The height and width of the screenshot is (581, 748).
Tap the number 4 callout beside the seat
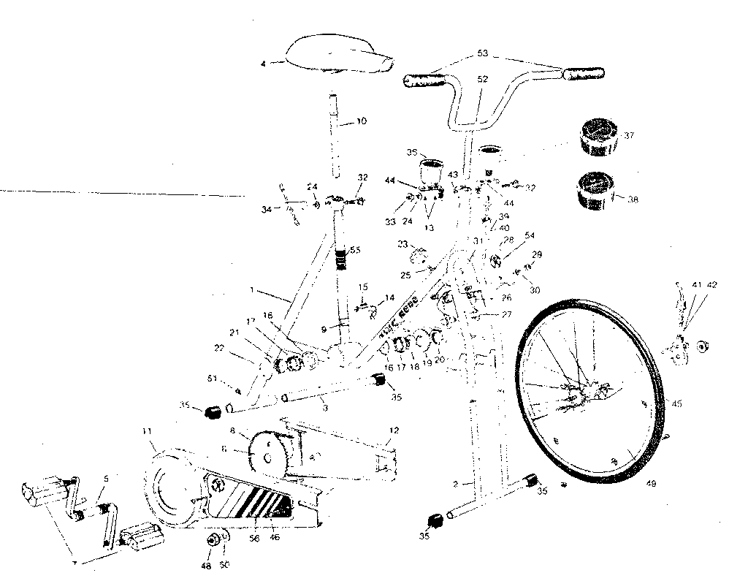262,64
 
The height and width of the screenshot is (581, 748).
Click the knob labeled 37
598,137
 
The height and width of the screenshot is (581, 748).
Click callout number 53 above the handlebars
483,53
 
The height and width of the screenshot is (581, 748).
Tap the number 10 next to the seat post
362,121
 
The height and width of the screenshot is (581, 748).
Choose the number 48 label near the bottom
205,566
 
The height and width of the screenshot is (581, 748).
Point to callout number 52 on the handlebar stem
483,79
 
